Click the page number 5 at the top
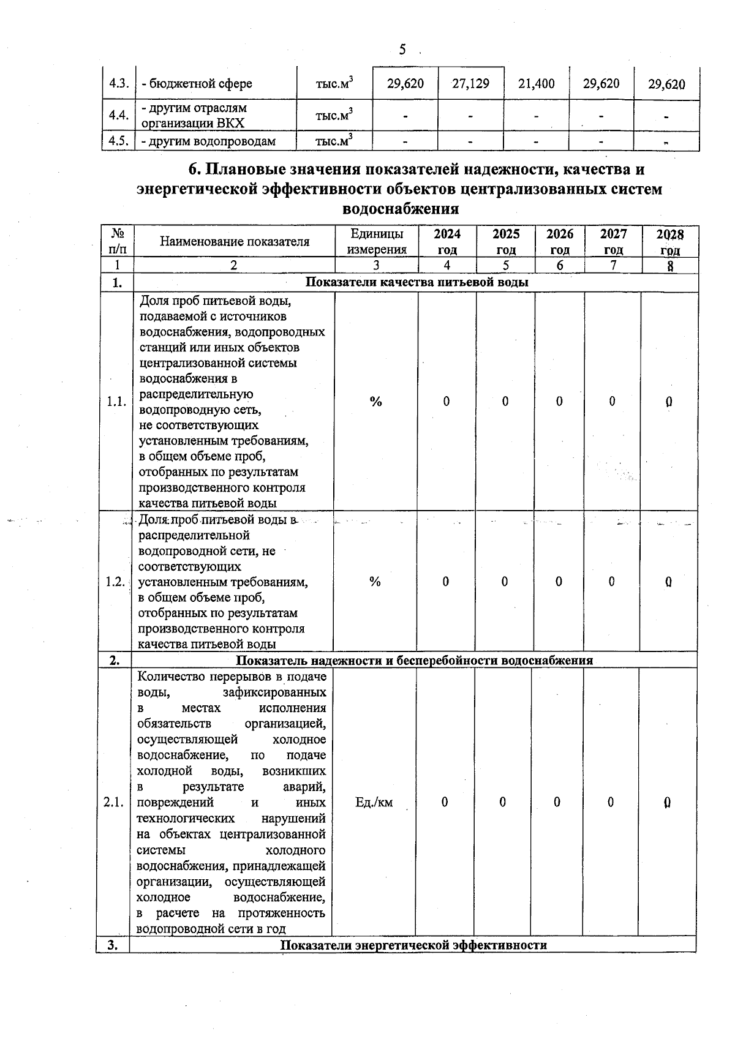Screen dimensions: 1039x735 (x=402, y=50)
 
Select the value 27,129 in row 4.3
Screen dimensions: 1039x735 (x=470, y=84)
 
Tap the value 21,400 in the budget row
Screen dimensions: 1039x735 (x=536, y=84)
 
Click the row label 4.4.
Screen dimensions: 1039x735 (x=118, y=115)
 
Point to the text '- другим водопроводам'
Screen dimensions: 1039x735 (x=208, y=141)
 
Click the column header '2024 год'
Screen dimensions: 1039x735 (x=447, y=242)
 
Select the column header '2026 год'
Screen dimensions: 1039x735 (x=559, y=242)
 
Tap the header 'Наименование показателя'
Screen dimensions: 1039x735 (x=235, y=242)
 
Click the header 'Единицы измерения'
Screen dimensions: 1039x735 (x=377, y=242)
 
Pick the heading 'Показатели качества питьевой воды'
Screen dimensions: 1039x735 (x=417, y=282)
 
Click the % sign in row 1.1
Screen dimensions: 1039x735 (x=376, y=402)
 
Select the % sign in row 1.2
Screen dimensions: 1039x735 (x=375, y=582)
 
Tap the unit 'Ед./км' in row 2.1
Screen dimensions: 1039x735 (x=374, y=802)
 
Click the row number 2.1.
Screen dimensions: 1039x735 (x=114, y=802)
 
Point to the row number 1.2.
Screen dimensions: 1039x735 (x=115, y=582)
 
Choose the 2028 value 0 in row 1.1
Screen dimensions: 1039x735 (x=669, y=402)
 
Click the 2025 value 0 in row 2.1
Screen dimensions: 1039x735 (x=502, y=802)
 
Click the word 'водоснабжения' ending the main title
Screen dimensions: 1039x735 (x=401, y=209)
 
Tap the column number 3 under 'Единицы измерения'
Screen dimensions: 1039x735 (x=376, y=265)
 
